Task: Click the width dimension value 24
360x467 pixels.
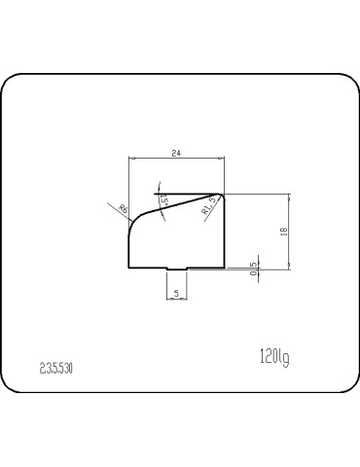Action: (176, 153)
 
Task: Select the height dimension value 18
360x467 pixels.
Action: (283, 232)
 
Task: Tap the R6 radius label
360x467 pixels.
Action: (124, 208)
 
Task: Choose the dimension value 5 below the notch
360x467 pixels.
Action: (176, 292)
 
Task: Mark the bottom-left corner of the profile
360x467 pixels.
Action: (130, 266)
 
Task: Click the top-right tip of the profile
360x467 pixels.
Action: (224, 194)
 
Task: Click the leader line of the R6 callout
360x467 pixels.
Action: (115, 207)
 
